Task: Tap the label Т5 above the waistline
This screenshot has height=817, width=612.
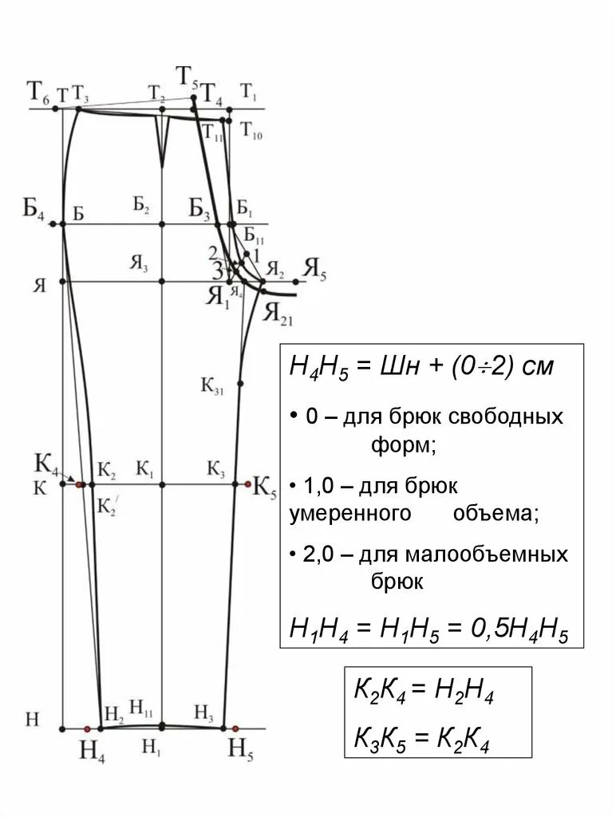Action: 188,78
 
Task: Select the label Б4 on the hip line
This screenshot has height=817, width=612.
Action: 34,209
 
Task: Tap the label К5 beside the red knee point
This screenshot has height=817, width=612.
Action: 264,487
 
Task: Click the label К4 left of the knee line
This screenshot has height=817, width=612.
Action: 46,464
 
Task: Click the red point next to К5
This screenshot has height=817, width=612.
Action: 246,483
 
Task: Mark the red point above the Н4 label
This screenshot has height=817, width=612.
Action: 87,728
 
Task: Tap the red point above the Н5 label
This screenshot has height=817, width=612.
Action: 235,728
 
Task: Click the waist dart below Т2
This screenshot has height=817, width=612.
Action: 162,140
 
